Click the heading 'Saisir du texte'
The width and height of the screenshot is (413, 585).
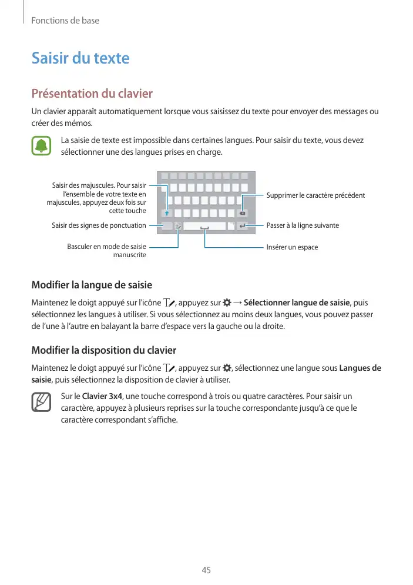[x=80, y=58]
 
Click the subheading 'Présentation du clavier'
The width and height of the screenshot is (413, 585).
[x=92, y=94]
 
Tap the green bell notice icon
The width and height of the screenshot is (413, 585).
[x=42, y=146]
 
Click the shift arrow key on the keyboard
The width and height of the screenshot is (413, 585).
[x=167, y=212]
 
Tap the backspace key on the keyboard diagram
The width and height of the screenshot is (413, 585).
[x=243, y=212]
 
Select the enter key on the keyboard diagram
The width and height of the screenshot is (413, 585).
[x=243, y=225]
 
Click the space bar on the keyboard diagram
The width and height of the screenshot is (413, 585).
[x=204, y=226]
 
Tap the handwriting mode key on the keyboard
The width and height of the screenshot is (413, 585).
[x=178, y=226]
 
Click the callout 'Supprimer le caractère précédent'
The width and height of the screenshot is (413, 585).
[x=315, y=195]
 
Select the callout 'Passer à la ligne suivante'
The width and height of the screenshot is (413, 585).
[x=303, y=225]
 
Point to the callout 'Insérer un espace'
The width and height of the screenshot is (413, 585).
[x=292, y=247]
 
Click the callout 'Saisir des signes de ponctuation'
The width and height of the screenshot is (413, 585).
[x=99, y=225]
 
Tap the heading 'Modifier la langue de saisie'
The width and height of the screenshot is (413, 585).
[x=92, y=285]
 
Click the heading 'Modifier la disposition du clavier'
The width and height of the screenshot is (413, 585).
[x=103, y=350]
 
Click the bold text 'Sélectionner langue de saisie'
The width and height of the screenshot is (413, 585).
[x=297, y=303]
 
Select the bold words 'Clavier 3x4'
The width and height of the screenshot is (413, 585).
[x=103, y=396]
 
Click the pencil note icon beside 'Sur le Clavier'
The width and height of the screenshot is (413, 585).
[x=42, y=403]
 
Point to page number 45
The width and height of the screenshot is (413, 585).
[x=206, y=570]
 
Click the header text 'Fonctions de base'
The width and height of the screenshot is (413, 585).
[x=65, y=21]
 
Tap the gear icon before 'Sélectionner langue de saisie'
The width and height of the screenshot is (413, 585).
[x=227, y=303]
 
